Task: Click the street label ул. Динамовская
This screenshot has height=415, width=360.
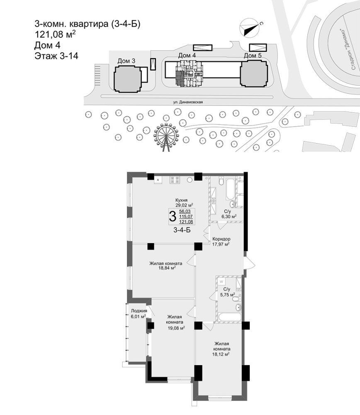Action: (x=188, y=102)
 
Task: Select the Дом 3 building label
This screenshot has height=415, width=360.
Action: (x=126, y=61)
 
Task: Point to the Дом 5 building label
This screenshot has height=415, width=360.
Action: (x=253, y=56)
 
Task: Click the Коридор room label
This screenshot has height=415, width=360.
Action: (x=221, y=239)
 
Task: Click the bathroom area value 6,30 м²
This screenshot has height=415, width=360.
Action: (x=229, y=216)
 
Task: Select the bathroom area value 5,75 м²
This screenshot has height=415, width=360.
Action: (x=228, y=294)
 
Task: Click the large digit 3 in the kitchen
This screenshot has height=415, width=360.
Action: (x=172, y=216)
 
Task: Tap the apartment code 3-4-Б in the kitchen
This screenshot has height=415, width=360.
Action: (x=182, y=230)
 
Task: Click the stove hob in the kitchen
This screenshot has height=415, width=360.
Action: (x=175, y=180)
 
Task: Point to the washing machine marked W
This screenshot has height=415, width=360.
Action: (x=221, y=281)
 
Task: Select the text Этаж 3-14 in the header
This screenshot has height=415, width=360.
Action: (x=56, y=56)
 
